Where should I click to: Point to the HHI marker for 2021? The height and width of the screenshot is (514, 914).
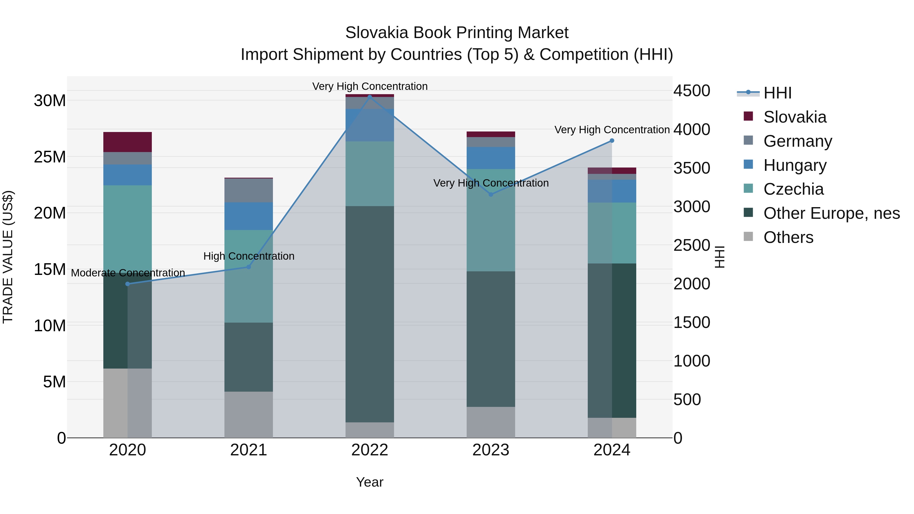249,267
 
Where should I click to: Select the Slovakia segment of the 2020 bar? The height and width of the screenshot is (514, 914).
127,142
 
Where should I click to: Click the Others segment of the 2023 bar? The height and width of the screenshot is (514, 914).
491,422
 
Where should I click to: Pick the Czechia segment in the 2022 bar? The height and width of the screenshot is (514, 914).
370,174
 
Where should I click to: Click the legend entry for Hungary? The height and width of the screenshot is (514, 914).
795,165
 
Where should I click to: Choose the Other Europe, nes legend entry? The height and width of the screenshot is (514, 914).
831,213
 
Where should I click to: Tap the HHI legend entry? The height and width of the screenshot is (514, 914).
777,93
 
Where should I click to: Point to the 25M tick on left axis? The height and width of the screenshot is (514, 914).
50,157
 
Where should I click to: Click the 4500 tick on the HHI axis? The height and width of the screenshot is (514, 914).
692,91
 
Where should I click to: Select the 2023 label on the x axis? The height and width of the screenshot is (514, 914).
491,450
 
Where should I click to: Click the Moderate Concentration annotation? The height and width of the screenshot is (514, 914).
128,273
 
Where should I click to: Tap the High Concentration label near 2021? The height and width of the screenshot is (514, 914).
249,256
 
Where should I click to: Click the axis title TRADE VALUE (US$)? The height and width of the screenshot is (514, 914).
8,257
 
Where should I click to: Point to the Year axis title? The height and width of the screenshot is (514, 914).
369,482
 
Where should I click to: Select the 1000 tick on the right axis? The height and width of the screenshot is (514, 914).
692,361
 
